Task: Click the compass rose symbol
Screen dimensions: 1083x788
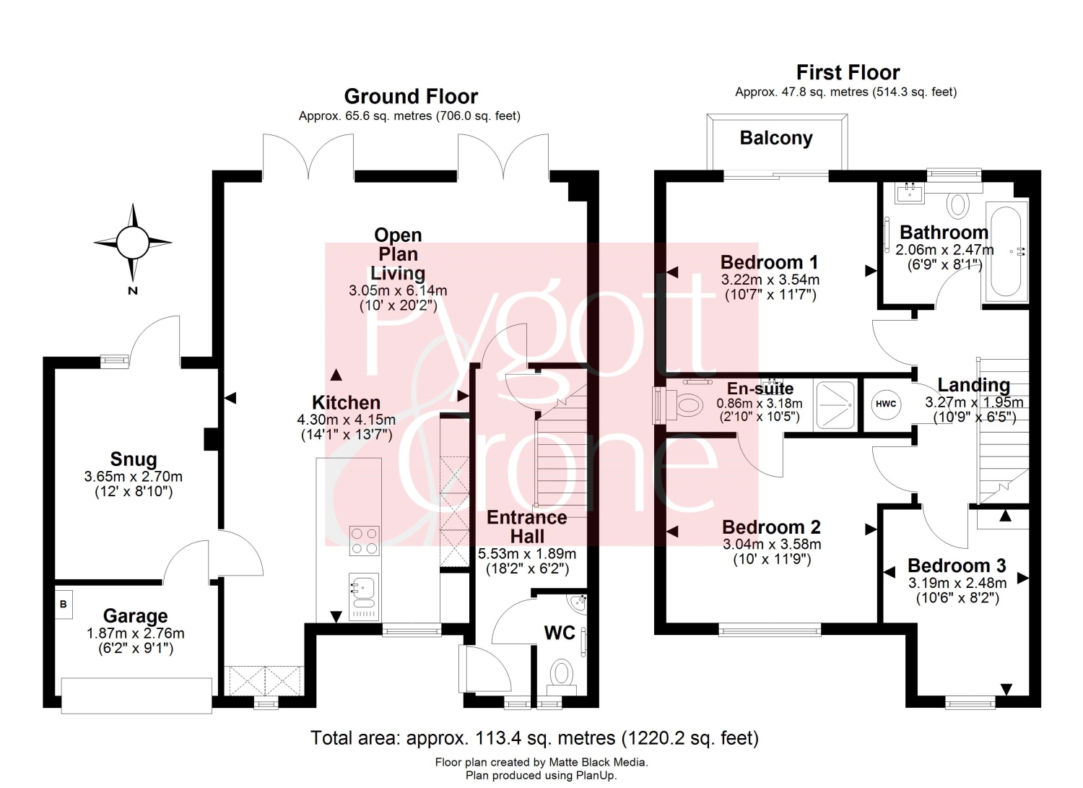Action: coord(132,243)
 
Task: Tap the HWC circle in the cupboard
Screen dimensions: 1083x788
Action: coord(886,404)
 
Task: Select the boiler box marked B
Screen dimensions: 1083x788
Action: coord(64,605)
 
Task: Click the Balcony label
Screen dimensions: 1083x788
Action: coord(776,139)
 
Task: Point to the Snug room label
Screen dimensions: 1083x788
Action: coord(134,459)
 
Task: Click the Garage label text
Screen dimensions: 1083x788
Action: coord(136,616)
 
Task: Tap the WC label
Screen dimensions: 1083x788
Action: coord(560,633)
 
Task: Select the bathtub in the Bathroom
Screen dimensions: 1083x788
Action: coord(1006,251)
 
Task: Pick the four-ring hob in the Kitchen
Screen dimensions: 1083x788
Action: coord(365,541)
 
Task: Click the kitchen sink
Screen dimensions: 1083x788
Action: coord(364,597)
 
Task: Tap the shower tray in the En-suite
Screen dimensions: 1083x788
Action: coord(835,405)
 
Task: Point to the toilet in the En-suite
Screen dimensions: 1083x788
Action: coord(684,404)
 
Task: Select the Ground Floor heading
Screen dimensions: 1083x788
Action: coord(411,96)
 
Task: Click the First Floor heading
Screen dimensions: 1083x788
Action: coord(848,72)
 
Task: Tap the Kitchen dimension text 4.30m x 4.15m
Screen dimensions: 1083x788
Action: coord(346,420)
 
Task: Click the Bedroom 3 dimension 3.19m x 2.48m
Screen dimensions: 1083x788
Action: coord(957,582)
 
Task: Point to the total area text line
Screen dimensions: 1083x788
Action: coord(534,737)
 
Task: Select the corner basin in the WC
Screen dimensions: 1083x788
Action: coord(578,604)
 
